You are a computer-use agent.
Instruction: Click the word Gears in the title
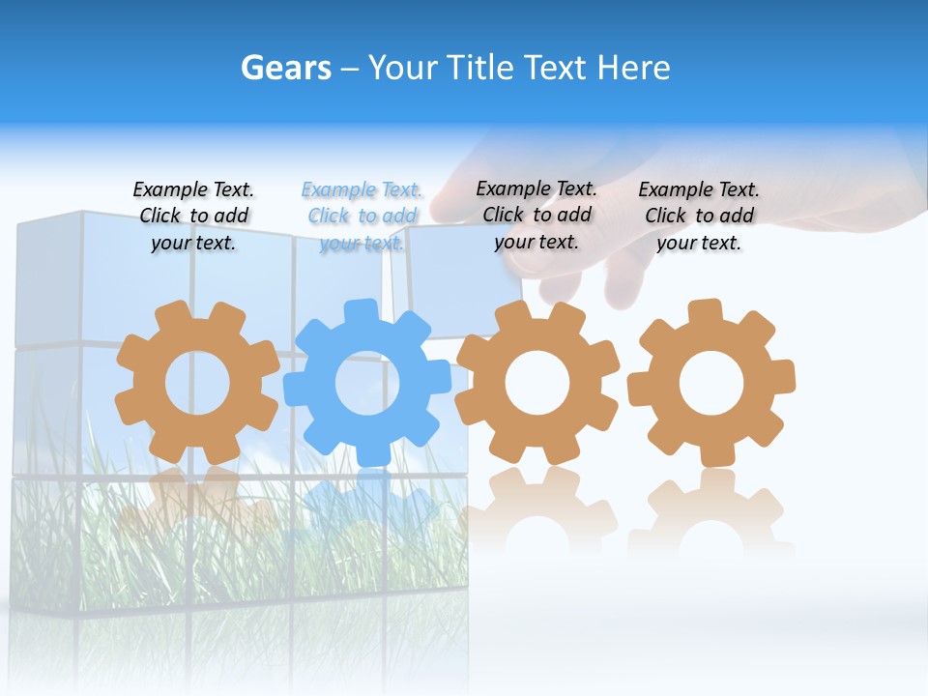(x=285, y=68)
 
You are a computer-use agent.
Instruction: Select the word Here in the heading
(x=633, y=68)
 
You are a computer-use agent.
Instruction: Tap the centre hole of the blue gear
(x=366, y=383)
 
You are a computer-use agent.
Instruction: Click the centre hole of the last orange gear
(x=710, y=383)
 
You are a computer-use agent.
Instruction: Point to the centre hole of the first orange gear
(x=197, y=383)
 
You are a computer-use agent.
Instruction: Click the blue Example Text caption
(x=362, y=217)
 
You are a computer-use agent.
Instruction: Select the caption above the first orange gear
(x=193, y=217)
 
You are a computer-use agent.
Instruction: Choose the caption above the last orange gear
(x=699, y=217)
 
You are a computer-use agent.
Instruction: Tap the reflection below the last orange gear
(x=711, y=512)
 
